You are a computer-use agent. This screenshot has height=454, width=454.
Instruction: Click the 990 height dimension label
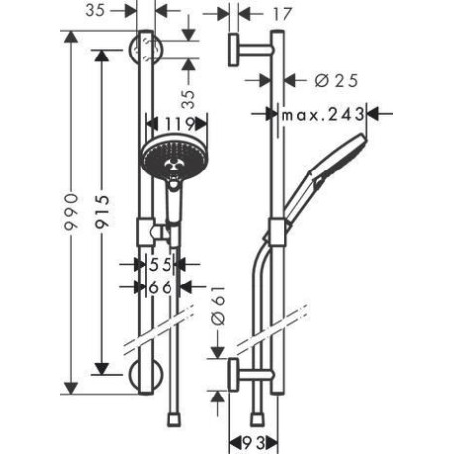coord(71,212)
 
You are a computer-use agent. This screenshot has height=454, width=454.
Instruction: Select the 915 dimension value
coord(102,212)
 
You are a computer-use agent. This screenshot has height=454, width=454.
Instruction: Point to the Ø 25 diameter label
coord(336,81)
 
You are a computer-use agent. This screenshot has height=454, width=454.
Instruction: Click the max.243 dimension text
coord(322,115)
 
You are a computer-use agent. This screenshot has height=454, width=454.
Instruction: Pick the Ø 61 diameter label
coord(218,306)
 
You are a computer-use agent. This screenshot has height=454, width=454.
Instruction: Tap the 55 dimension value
coord(161,264)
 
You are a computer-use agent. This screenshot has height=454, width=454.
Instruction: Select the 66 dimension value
coord(161,287)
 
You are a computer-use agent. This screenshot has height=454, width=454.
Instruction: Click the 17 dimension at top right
coord(282,14)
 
